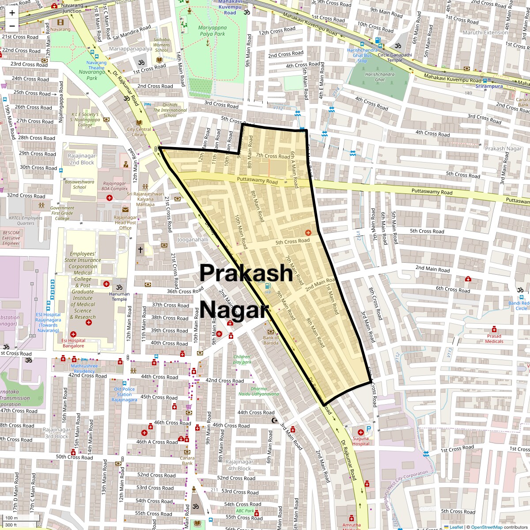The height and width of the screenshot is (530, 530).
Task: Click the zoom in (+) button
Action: (12, 13)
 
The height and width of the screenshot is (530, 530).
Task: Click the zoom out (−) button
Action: (12, 26)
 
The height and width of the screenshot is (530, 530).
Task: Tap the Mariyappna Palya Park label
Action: (212, 30)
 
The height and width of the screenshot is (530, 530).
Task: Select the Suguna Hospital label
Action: (360, 441)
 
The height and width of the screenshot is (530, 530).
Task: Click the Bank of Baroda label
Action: (271, 340)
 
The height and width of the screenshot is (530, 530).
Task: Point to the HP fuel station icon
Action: (268, 286)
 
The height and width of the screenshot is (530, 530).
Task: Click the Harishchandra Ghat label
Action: (380, 77)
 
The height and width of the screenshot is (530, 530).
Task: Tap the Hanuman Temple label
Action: (119, 296)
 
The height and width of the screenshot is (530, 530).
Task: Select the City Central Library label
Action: (139, 132)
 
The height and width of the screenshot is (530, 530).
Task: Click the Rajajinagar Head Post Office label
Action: (125, 223)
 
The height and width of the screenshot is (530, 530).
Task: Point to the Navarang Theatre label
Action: (96, 65)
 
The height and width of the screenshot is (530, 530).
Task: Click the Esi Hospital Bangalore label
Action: (73, 343)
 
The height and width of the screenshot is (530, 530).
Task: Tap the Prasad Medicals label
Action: (494, 338)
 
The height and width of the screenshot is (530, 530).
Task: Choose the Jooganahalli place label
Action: (193, 240)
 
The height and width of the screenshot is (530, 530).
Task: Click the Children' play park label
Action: (242, 359)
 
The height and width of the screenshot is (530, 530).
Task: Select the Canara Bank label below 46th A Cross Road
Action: (187, 461)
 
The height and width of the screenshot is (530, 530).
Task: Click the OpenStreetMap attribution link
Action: (486, 527)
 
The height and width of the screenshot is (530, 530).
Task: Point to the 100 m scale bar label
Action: (11, 518)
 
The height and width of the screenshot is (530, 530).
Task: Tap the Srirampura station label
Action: (489, 86)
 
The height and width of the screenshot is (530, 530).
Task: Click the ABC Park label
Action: (245, 511)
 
